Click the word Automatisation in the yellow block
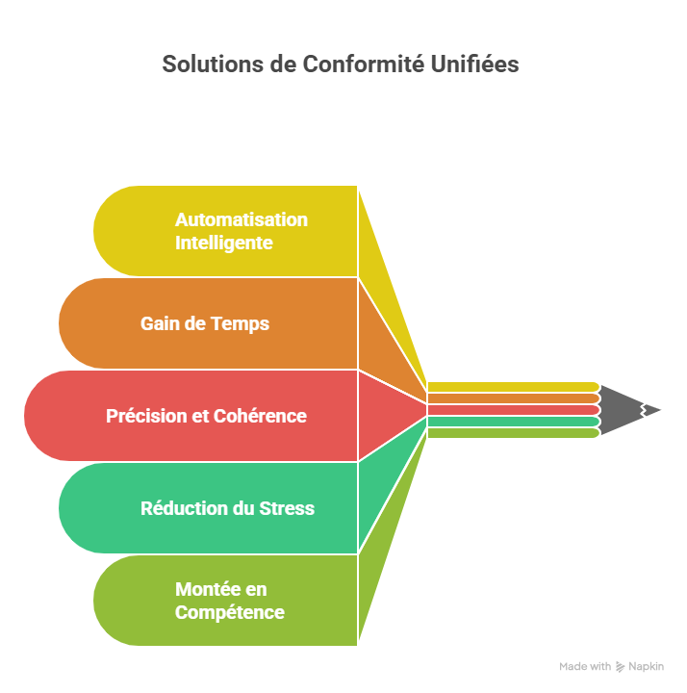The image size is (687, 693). click(242, 219)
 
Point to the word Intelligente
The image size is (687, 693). click(224, 243)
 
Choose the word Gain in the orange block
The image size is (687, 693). click(160, 323)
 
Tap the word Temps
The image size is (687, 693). click(242, 323)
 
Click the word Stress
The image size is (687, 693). click(287, 508)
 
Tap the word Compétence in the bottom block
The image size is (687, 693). click(230, 612)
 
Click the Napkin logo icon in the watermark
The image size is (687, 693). click(621, 666)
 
